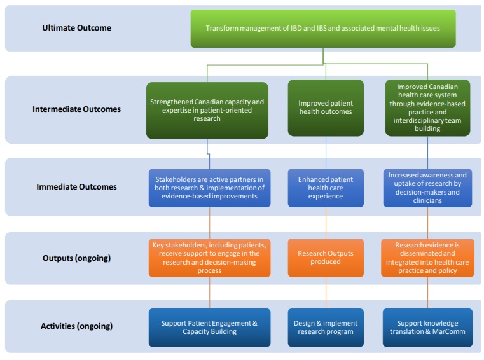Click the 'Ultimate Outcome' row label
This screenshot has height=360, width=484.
[x=76, y=28]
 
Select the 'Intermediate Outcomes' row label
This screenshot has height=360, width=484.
[x=76, y=109]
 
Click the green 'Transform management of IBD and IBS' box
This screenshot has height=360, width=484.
[x=323, y=28]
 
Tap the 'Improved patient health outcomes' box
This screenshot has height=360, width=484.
[x=326, y=108]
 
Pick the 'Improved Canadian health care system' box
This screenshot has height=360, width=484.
[x=427, y=107]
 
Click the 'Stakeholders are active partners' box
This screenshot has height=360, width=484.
[x=209, y=188]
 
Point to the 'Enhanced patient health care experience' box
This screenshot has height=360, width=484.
[x=326, y=188]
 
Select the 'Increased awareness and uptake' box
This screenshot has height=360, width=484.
[x=427, y=188]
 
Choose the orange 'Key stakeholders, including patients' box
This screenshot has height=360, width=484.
[x=209, y=258]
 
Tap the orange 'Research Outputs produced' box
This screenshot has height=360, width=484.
[x=326, y=258]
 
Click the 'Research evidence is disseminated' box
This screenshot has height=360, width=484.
[x=427, y=258]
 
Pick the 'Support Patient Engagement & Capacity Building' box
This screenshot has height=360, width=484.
[x=209, y=328]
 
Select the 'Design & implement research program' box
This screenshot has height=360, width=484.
[x=326, y=328]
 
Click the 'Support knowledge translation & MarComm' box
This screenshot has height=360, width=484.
[x=427, y=328]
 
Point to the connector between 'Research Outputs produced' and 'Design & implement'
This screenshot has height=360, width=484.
[x=326, y=293]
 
